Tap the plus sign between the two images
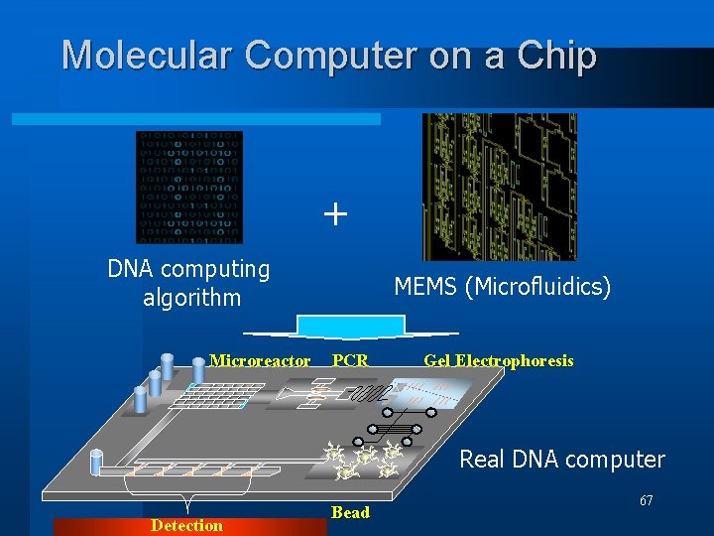point(336,213)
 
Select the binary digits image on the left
point(188,187)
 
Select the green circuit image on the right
point(499,187)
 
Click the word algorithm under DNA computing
point(191,297)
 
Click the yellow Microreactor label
point(260,360)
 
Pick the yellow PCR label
point(350,360)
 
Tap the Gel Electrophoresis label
point(498,360)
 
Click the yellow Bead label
point(350,512)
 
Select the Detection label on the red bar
point(186,525)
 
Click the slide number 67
point(646,500)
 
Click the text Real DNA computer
point(561,460)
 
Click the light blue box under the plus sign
point(337,327)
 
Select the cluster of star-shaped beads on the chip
point(363,458)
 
